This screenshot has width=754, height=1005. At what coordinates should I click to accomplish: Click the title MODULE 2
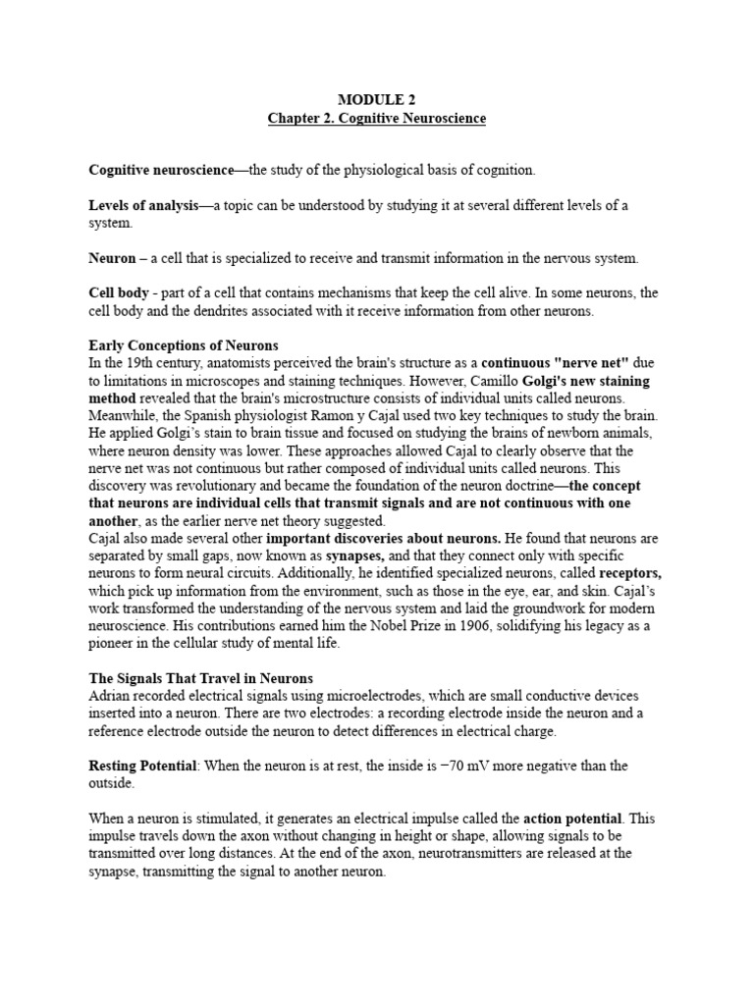[377, 100]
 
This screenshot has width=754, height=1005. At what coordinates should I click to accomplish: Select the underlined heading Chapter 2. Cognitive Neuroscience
[377, 119]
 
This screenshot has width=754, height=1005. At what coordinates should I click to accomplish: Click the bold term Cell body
[119, 293]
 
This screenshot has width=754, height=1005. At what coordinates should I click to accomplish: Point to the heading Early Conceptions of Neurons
[184, 345]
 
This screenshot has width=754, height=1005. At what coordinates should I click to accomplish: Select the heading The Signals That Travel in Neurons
[200, 678]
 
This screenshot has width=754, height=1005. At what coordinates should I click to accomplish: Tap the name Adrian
[108, 696]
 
